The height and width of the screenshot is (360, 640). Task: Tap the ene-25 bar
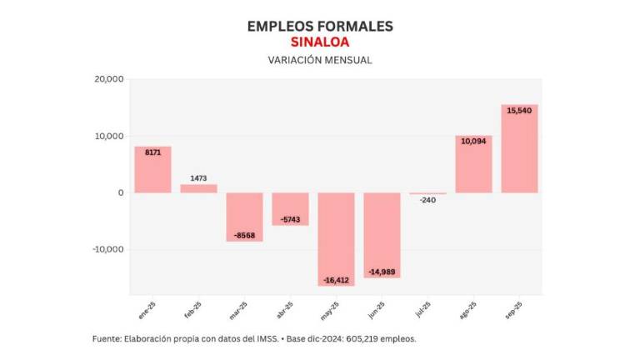152,170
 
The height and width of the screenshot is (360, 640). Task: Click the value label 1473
198,178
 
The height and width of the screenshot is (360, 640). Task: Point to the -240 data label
427,200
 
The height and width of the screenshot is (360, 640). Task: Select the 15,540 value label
519,109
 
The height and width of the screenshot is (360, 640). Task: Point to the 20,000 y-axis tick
108,79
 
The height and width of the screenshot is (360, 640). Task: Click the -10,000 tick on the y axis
107,249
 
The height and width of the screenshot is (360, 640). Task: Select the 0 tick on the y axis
121,192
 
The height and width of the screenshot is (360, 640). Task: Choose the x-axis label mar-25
237,312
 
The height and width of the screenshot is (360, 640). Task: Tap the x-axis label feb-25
192,312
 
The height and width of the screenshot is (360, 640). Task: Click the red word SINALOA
320,42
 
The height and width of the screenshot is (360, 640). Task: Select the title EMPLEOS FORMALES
320,26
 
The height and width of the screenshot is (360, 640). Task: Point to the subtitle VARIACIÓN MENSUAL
320,60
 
